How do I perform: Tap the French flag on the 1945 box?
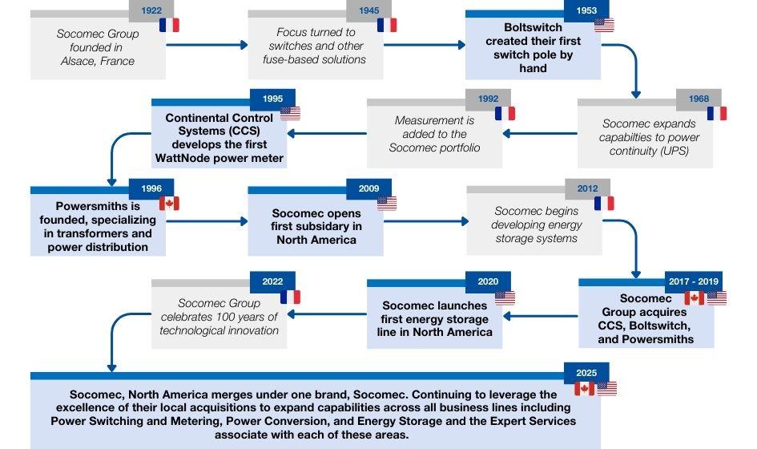[387, 25]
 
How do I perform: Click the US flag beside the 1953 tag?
[605, 24]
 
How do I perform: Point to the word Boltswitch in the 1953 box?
[532, 27]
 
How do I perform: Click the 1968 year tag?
[699, 99]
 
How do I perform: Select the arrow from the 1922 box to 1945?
[208, 45]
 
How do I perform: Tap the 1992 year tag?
[488, 99]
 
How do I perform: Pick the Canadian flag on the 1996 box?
[169, 204]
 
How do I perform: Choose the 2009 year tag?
[369, 189]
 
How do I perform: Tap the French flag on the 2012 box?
[605, 204]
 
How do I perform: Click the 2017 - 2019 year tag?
[694, 281]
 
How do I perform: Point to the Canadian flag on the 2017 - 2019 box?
[695, 298]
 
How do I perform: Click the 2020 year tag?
[488, 281]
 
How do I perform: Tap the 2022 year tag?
[272, 281]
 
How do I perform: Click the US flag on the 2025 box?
[607, 390]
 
